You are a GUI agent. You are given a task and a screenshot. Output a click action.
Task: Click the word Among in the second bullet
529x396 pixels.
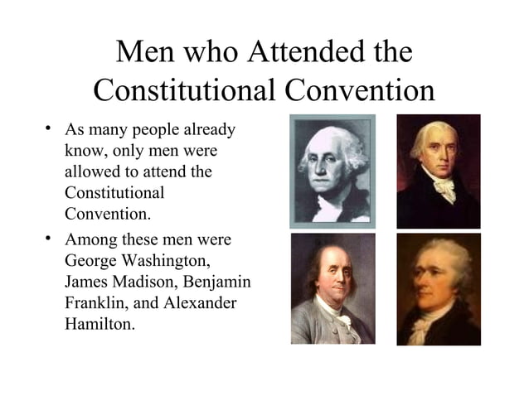click(x=90, y=241)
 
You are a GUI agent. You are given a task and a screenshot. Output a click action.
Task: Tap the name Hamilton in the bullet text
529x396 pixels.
click(x=98, y=324)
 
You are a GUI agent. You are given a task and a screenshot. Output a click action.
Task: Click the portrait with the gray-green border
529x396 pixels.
click(x=332, y=171)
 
